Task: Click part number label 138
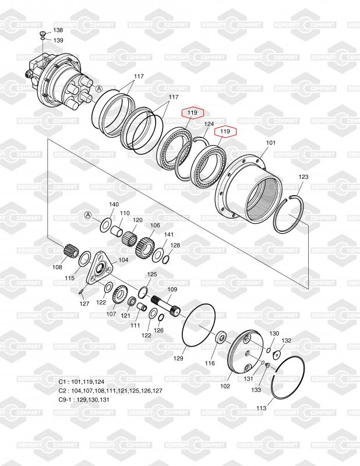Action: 58,30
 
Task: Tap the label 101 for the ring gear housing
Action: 270,143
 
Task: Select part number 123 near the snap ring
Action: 303,177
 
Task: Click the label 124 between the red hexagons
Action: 209,123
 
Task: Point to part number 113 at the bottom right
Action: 262,408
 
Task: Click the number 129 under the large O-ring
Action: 178,358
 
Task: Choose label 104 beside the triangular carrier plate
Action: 123,260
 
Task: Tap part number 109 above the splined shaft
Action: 172,289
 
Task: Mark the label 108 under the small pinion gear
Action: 57,267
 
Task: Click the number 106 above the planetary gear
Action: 155,225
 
